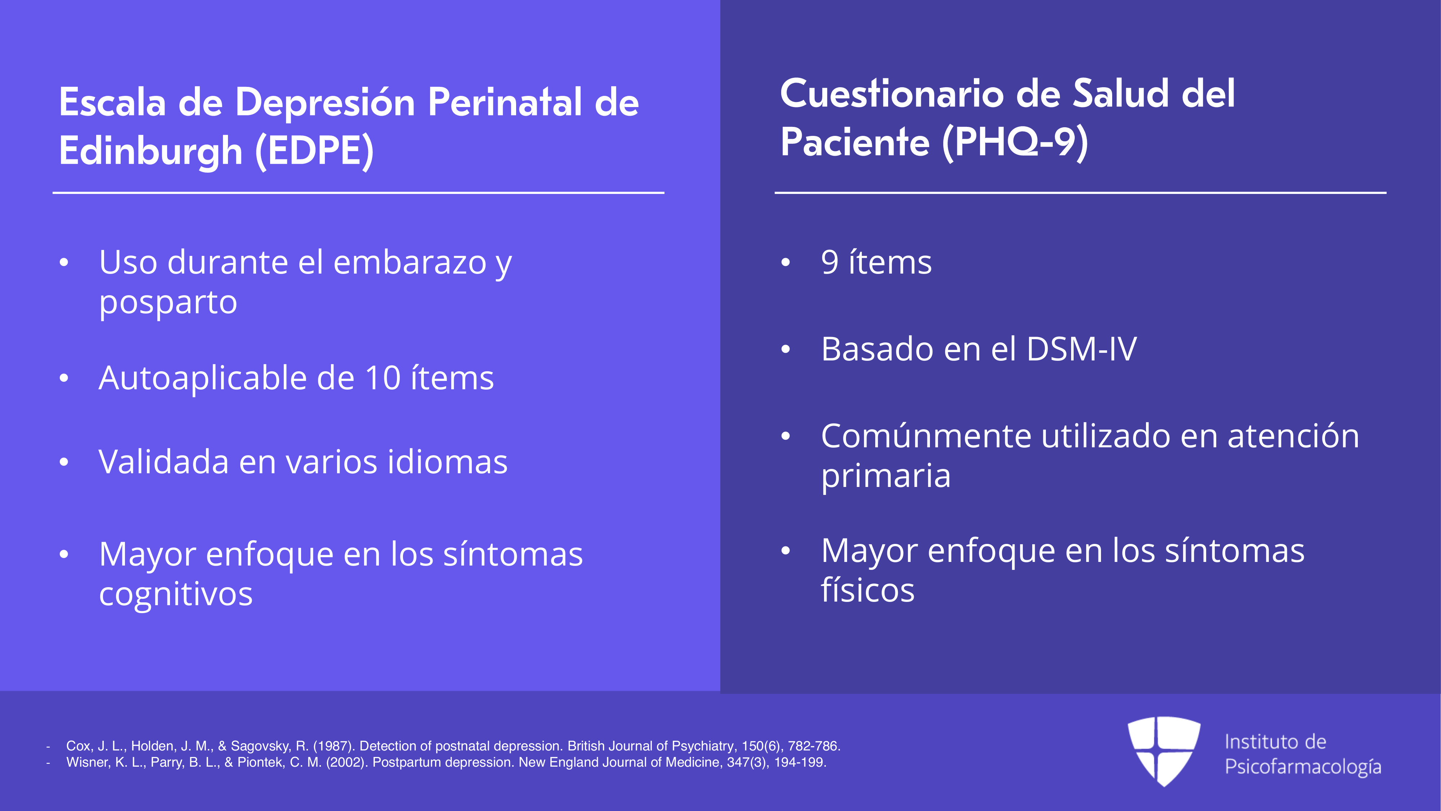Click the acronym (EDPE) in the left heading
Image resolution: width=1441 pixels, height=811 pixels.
point(314,151)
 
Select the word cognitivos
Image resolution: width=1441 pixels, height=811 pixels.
point(176,594)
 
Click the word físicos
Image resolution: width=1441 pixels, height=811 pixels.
point(868,590)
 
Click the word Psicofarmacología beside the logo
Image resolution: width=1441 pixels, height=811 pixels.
point(1303,767)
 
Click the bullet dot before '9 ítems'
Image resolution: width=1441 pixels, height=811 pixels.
point(786,262)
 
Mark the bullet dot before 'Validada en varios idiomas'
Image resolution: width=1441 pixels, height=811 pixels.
point(64,462)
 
